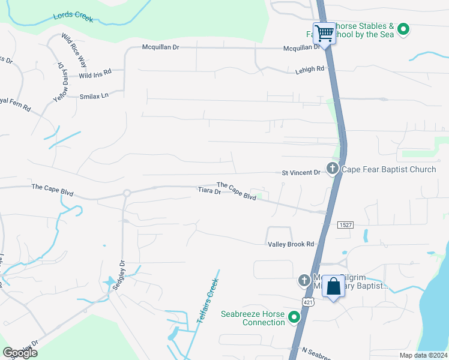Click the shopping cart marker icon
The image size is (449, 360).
[324, 32]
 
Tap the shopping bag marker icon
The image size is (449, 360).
[333, 286]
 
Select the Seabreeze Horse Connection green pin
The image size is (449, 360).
[294, 317]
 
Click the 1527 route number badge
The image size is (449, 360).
[345, 224]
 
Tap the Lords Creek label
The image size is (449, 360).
[73, 16]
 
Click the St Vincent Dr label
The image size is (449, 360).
[301, 173]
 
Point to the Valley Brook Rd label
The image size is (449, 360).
[291, 244]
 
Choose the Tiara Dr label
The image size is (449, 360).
[209, 191]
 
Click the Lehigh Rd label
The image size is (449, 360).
[309, 69]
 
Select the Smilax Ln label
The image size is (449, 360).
[94, 95]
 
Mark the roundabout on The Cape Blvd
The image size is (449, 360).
[127, 193]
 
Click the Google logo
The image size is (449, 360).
[20, 353]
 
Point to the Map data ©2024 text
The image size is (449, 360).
[423, 355]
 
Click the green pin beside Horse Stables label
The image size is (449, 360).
[404, 28]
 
